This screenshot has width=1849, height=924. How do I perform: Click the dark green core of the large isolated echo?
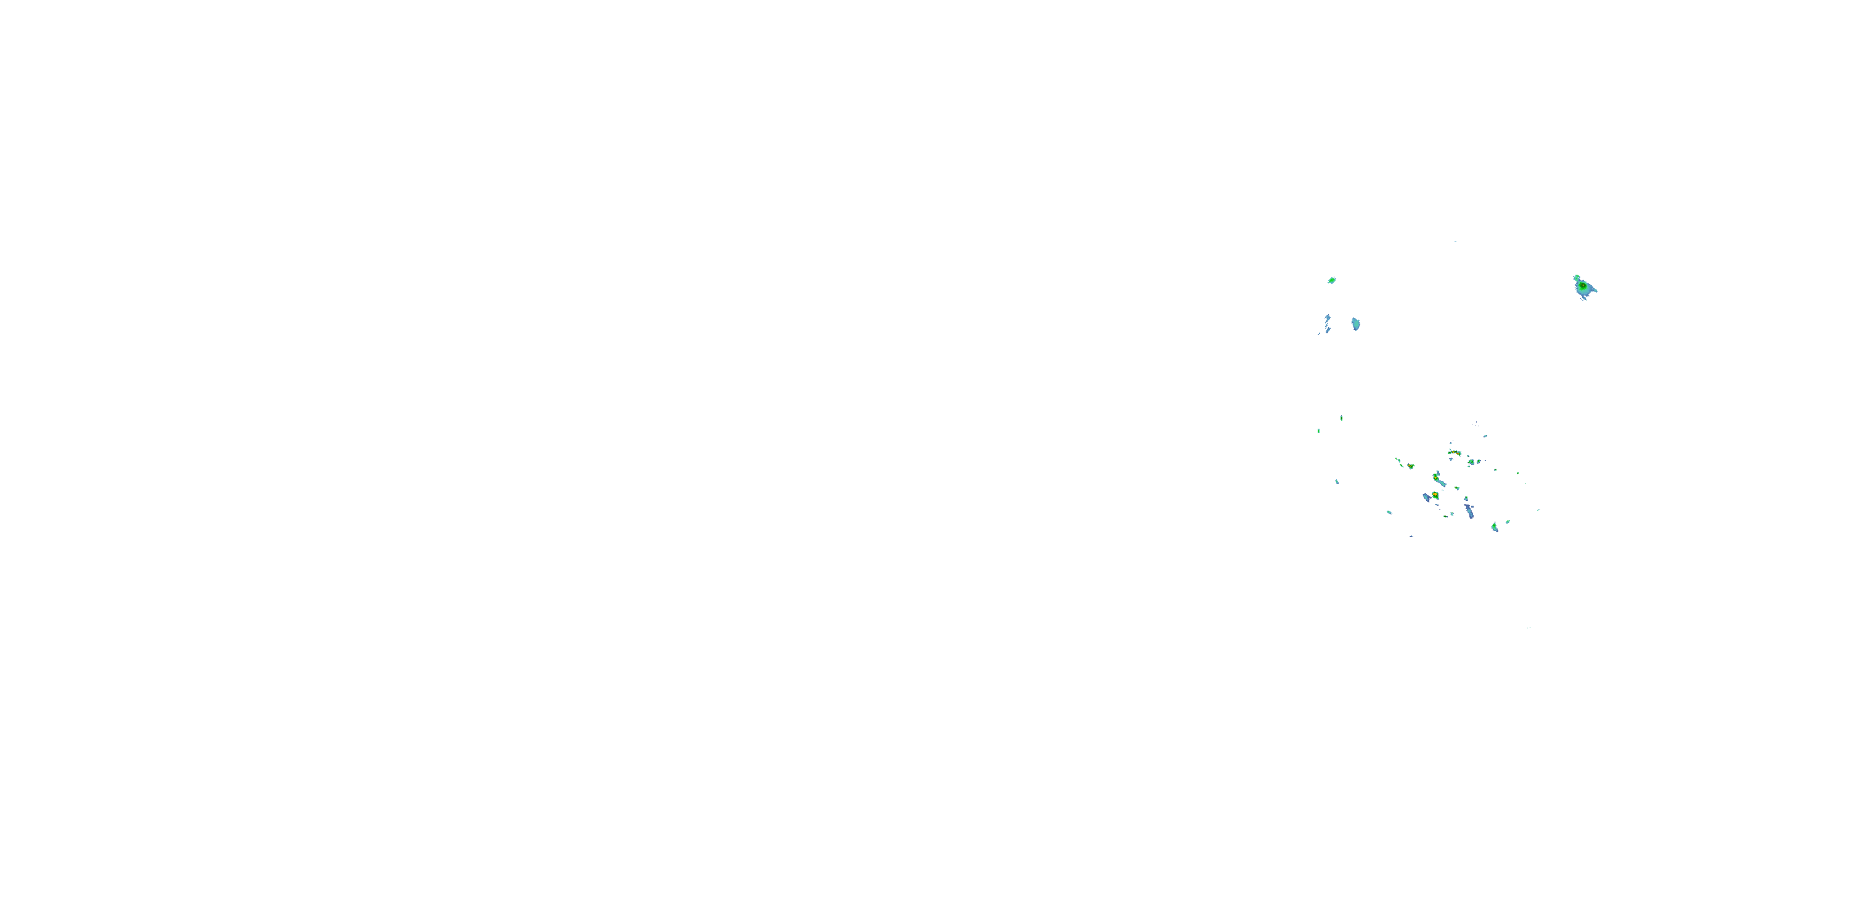coord(1582,286)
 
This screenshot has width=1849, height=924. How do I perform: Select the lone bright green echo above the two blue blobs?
coord(1331,280)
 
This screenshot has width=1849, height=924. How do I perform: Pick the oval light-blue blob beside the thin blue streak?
coord(1355,323)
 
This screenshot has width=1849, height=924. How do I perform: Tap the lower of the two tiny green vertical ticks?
coord(1318,431)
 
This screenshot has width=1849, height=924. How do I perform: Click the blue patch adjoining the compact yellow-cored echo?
coord(1427,497)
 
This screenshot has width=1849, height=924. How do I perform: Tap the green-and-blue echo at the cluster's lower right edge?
coord(1495,527)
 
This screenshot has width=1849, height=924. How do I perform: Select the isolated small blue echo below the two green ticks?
coord(1336,481)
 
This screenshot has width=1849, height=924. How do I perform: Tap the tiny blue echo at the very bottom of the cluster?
coord(1412,537)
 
